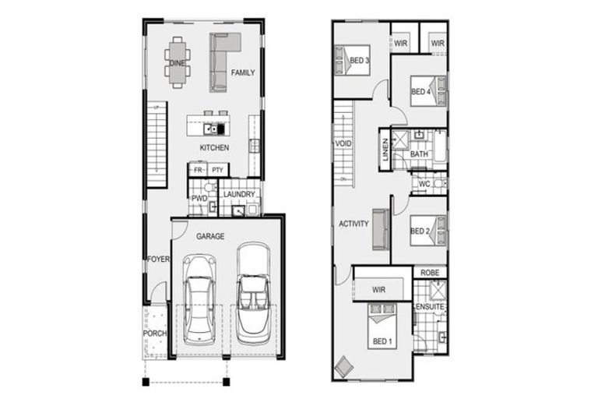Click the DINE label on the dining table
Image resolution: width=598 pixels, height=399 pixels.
point(177,62)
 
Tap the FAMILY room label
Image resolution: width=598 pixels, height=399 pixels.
point(242,73)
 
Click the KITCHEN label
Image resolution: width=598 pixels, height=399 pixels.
point(214,147)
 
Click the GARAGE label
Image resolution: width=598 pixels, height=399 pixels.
point(210,235)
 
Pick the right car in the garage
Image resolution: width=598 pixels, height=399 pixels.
point(253,295)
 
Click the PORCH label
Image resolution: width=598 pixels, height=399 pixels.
point(154,334)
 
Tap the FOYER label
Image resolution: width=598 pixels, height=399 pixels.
point(157,260)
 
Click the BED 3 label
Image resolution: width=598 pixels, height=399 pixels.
point(358,61)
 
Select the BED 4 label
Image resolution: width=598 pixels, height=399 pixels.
point(420,92)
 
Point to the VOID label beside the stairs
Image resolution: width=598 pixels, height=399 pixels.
point(343,144)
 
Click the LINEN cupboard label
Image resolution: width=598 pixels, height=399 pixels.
point(385,150)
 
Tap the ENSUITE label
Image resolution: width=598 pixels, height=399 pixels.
point(429,307)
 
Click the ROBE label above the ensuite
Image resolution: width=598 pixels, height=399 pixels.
point(429,273)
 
